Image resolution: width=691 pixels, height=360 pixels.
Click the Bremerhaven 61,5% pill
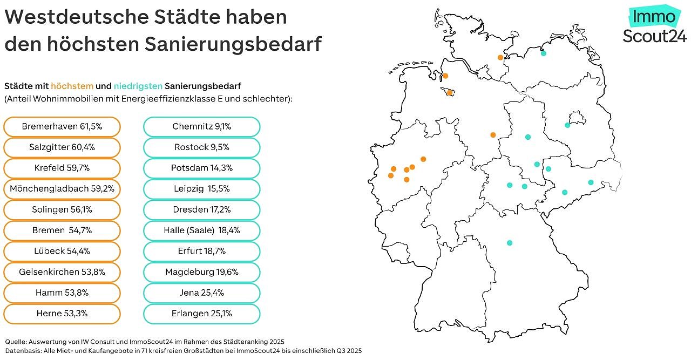tap(62, 127)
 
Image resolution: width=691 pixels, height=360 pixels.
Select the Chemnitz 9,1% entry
tap(201, 127)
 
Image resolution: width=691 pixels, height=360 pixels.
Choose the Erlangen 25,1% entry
tap(201, 314)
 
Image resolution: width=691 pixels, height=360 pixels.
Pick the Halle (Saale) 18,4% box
tap(201, 230)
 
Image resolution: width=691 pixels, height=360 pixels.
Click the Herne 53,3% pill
tap(62, 314)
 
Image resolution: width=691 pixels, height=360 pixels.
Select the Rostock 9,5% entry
tap(201, 147)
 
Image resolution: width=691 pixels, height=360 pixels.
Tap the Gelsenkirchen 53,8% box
tap(62, 272)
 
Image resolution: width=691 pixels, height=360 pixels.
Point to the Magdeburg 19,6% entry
tap(201, 272)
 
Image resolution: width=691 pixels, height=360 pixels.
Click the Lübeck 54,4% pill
tap(62, 252)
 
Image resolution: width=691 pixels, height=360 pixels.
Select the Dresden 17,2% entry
tap(201, 210)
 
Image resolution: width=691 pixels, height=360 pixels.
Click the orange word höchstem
tap(72, 86)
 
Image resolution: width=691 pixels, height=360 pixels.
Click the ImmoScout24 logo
tap(654, 26)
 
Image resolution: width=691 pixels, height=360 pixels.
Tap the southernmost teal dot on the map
tap(509, 243)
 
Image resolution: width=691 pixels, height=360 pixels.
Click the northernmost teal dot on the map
tap(543, 53)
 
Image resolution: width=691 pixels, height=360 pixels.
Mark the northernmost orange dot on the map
tap(500, 57)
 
